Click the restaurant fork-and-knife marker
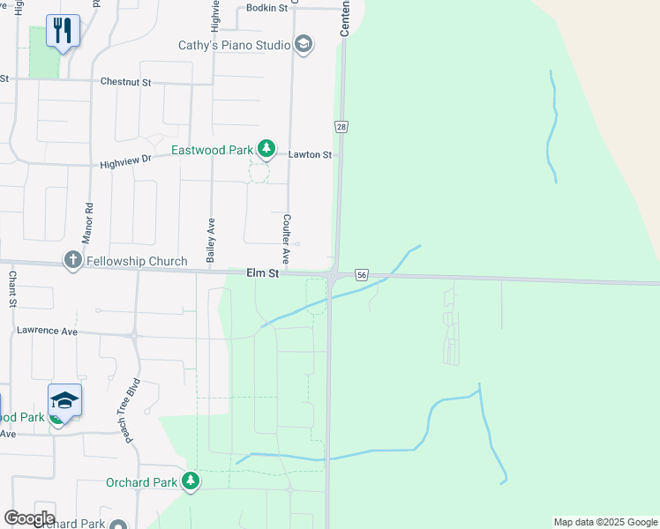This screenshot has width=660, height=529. click(63, 31)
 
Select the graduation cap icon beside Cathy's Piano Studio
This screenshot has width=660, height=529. click(304, 44)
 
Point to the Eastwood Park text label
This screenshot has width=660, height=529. click(212, 150)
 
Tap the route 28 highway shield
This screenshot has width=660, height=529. click(341, 127)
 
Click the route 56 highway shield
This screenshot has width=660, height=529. click(362, 275)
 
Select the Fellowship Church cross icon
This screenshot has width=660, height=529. click(72, 261)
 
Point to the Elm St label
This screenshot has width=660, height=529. click(262, 274)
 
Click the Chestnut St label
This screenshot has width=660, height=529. click(125, 82)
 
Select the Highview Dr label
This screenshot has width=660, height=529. click(125, 162)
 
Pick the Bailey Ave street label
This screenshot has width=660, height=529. click(211, 241)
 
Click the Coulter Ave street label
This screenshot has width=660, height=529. click(286, 239)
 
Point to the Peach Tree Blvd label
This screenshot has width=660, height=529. click(132, 412)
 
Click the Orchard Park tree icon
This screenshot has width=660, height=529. click(190, 481)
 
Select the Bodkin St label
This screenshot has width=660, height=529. click(268, 9)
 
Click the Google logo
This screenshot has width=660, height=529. click(29, 518)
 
